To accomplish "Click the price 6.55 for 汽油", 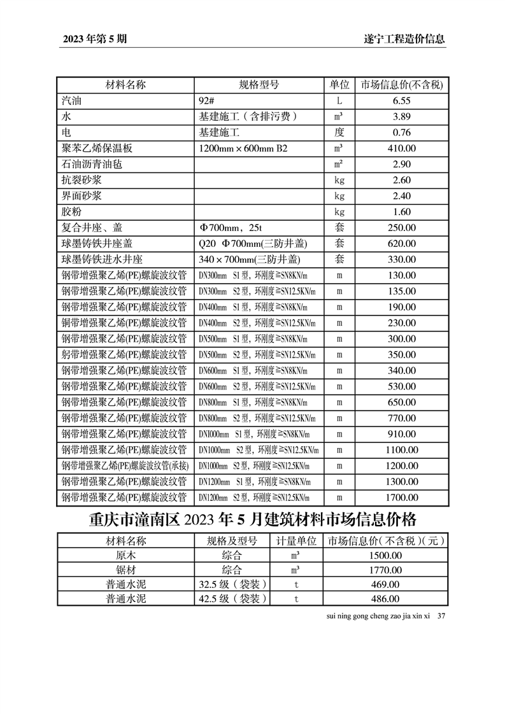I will point(401,101).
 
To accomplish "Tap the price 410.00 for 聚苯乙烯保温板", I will point(401,148).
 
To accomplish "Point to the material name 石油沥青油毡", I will point(92,164).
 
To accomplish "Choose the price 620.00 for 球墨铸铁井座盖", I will point(401,243).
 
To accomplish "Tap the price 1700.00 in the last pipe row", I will point(401,498).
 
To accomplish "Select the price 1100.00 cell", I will point(401,450).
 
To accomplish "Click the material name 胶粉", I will point(71,212).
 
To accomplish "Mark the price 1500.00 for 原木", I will point(385,556).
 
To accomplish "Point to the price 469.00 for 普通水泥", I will point(385,584).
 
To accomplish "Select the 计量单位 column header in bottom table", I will point(295,542).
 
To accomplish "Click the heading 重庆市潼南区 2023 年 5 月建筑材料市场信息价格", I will point(252,521).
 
